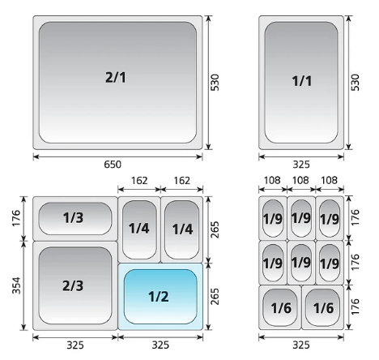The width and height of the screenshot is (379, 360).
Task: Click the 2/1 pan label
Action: click(116, 78)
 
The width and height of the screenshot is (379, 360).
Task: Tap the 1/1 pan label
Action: click(302, 81)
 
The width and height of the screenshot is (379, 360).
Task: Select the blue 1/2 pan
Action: click(160, 297)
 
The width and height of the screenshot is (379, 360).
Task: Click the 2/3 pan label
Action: click(73, 285)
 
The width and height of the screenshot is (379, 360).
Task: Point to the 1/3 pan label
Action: click(73, 217)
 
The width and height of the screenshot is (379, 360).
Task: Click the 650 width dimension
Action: click(113, 165)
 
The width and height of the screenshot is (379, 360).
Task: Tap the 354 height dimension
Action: click(16, 285)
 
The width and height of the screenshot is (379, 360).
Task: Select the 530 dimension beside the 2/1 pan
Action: click(215, 83)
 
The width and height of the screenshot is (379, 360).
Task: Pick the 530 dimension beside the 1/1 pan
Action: click(356, 83)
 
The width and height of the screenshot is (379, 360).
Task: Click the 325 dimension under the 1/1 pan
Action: click(301, 165)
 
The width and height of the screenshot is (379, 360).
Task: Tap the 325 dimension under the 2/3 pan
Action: click(75, 345)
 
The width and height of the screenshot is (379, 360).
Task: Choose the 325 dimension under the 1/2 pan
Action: click(160, 345)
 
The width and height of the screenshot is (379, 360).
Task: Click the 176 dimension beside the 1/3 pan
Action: click(16, 218)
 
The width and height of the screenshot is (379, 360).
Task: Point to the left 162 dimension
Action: click(139, 181)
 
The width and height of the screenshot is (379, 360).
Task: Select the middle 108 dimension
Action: click(300, 180)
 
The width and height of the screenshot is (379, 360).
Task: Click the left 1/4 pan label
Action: click(138, 229)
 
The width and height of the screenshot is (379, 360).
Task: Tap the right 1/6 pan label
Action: click(323, 308)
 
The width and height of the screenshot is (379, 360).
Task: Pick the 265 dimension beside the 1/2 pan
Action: click(215, 297)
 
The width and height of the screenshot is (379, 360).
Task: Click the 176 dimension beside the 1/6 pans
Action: click(356, 306)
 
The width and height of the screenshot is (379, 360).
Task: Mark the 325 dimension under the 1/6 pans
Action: click(301, 345)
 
